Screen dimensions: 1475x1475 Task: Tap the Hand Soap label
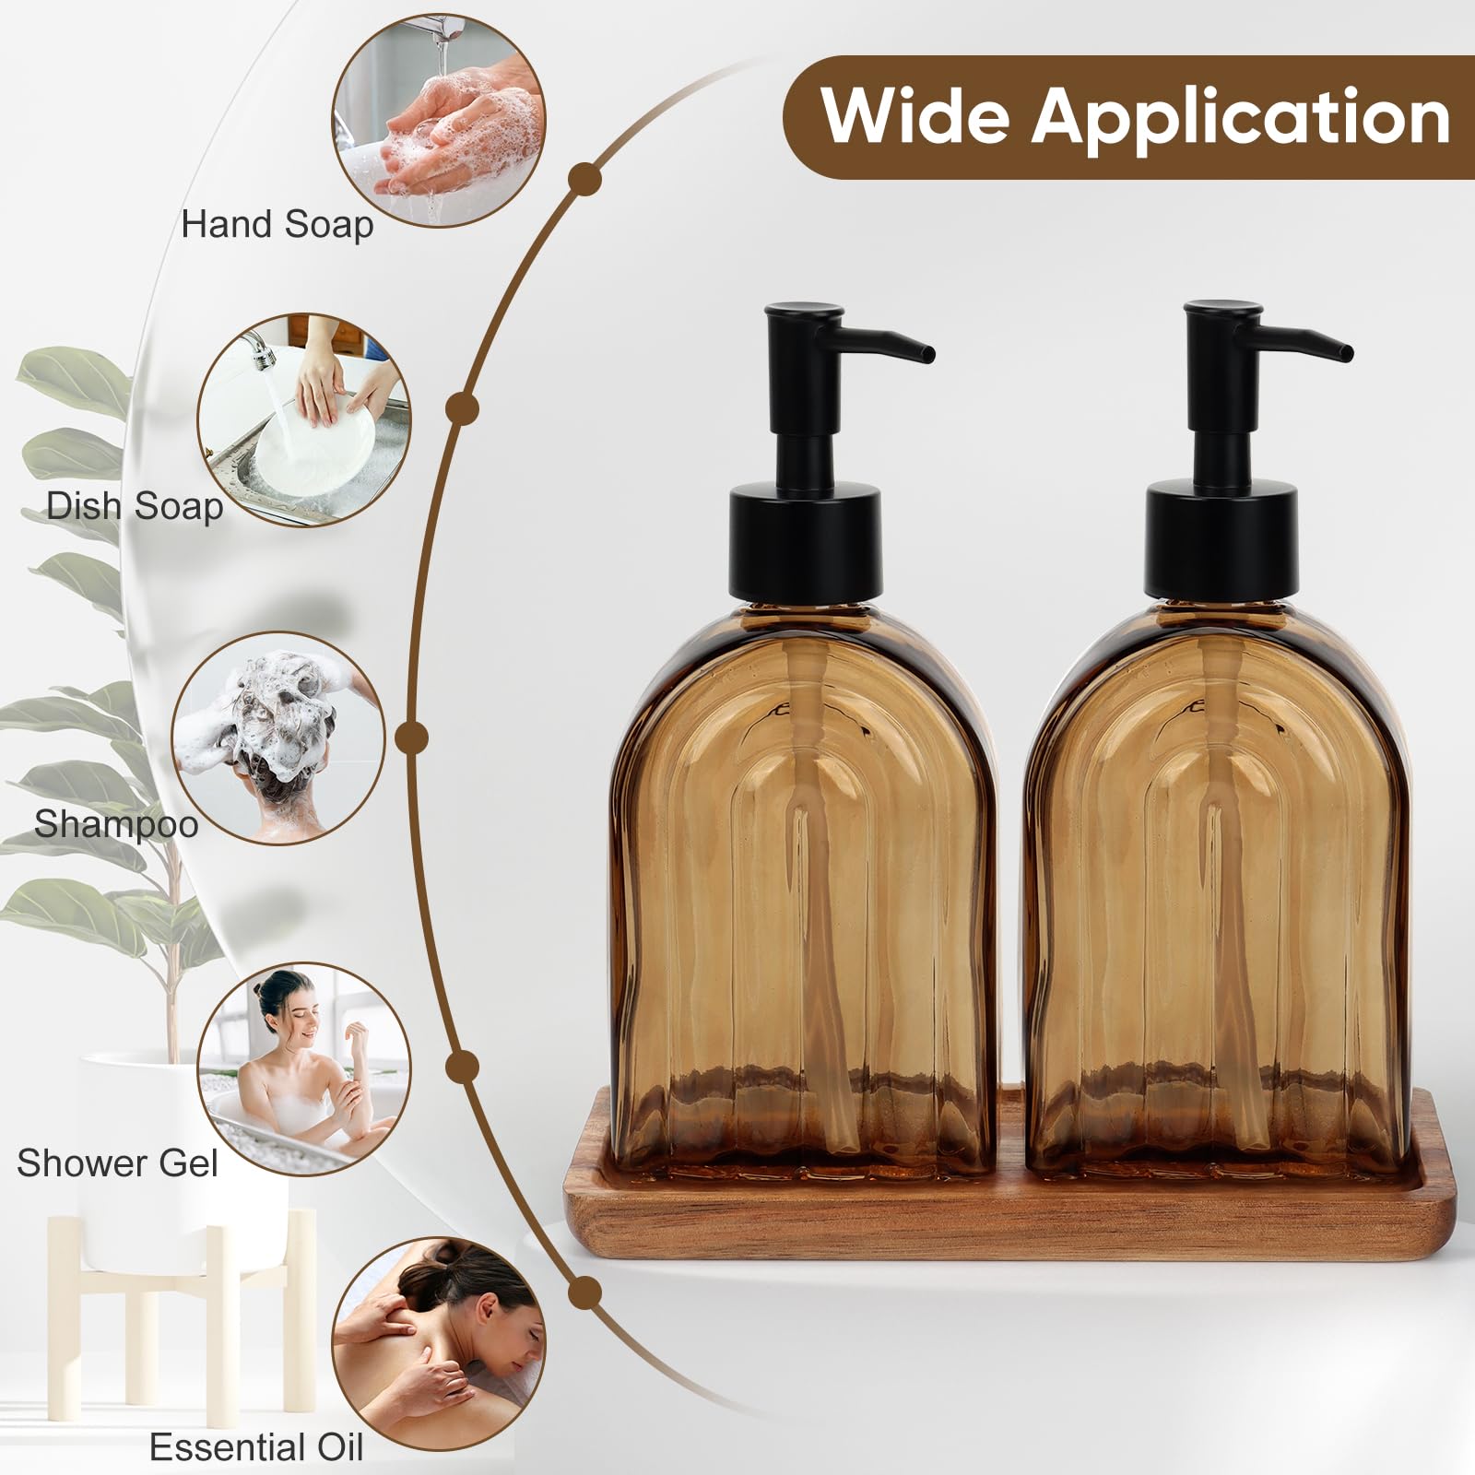277,225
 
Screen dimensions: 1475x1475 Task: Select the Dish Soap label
135,506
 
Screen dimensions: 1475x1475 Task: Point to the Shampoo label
116,823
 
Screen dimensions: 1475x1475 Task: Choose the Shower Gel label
117,1163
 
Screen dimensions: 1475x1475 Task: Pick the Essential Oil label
256,1447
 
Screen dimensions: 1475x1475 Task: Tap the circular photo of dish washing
304,419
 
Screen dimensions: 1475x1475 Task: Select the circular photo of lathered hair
278,737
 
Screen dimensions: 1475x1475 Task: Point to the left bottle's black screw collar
806,544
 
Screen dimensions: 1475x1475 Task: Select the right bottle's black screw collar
1222,544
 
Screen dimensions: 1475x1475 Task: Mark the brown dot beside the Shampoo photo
411,737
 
